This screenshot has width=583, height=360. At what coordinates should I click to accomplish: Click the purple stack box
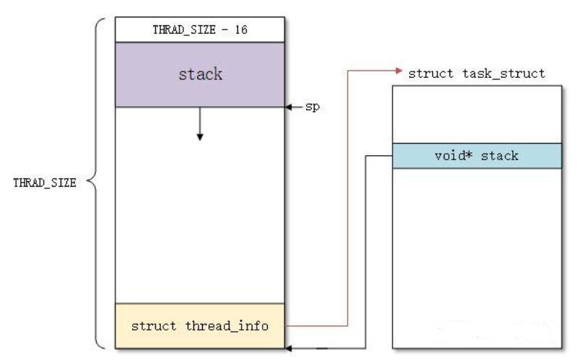(x=200, y=74)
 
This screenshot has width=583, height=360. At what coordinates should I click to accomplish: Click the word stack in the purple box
(x=201, y=74)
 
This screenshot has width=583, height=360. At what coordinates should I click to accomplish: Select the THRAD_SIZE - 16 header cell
(x=200, y=30)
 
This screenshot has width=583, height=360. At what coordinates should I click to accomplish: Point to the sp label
(x=312, y=107)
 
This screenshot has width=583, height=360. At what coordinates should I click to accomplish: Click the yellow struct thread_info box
(x=200, y=325)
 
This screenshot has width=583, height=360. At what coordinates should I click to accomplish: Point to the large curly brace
(x=96, y=182)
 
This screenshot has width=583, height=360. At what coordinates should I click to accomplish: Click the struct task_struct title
(x=476, y=74)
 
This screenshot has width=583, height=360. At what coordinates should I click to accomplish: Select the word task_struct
(x=499, y=74)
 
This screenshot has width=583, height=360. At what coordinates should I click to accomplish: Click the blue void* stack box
(x=476, y=156)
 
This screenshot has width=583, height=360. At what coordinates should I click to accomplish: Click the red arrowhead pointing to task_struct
(x=398, y=71)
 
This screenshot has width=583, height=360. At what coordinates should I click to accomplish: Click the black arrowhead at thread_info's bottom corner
(x=289, y=348)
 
